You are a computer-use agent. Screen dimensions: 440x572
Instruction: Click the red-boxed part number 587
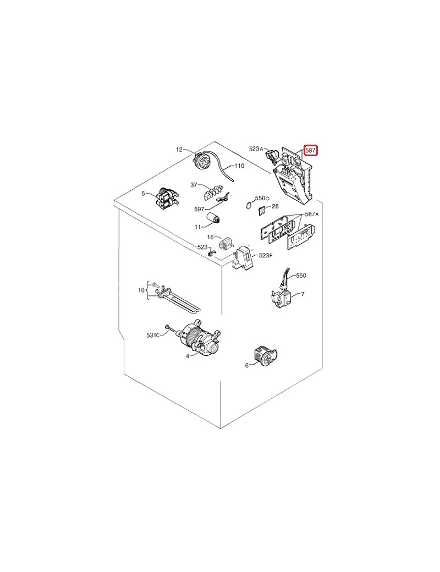311,150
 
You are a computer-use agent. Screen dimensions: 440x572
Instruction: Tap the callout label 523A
256,148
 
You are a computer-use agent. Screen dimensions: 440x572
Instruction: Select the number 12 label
179,149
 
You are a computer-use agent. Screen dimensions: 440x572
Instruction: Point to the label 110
239,166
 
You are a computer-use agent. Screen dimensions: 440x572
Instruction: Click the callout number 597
199,209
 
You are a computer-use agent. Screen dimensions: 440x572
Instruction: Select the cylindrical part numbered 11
213,218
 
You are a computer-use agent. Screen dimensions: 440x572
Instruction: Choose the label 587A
312,214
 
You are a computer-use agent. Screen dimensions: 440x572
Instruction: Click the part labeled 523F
243,258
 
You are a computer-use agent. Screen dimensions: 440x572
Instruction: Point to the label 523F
266,255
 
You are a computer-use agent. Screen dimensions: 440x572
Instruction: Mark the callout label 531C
153,335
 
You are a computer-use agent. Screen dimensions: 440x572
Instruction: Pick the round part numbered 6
265,355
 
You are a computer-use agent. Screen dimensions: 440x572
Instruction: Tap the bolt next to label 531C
170,329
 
